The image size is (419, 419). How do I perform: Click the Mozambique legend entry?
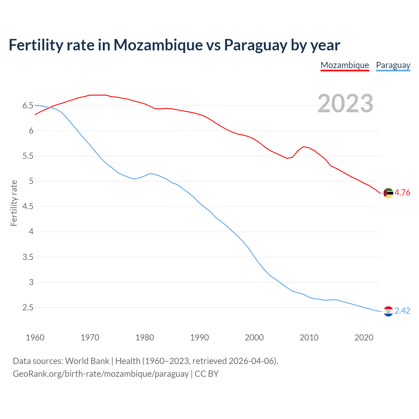coord(345,65)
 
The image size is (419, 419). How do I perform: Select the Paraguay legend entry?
coord(393,65)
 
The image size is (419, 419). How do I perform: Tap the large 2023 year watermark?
coord(345,103)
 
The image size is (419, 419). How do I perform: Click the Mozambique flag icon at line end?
coord(388,193)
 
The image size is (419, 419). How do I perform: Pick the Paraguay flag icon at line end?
coord(388,311)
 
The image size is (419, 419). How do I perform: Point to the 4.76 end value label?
coord(402,193)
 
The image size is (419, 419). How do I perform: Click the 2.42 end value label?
coord(402,311)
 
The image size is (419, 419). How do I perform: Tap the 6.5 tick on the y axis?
coord(28,105)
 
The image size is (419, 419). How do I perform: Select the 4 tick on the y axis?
coord(31,232)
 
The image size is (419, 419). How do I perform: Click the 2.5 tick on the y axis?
coord(28,307)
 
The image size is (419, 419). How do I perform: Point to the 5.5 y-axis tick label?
coord(28,156)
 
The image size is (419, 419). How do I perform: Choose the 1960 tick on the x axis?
coord(35,337)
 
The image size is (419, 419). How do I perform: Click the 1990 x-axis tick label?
coord(199,337)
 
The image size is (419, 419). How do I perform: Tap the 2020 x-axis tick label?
coord(364,337)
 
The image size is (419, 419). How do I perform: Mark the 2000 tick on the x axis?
coord(254,337)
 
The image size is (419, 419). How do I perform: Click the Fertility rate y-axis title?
coord(14,203)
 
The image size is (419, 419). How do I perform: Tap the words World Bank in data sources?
coord(87,361)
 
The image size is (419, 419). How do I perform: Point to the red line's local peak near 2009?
coord(304,147)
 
